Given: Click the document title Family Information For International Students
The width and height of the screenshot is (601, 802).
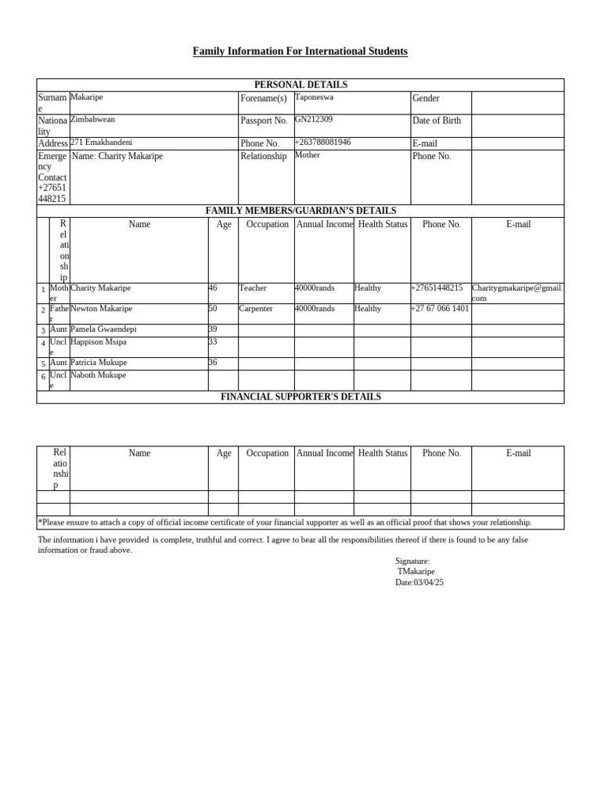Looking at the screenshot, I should point(300,52).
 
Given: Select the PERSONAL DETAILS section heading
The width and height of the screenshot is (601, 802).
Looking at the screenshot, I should point(300,85).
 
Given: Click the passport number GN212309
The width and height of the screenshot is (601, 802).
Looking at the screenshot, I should point(313,119).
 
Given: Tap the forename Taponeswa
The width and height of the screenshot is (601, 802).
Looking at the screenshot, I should point(314,97).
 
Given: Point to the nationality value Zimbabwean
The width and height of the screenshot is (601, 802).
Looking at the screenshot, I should point(93,119).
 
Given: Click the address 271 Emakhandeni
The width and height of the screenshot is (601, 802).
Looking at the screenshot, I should point(101,143).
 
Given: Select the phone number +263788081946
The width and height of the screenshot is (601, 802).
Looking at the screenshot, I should point(322,143).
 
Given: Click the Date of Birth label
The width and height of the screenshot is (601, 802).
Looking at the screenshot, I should point(437,121).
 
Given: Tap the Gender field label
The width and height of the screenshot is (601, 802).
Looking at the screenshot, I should point(426,99).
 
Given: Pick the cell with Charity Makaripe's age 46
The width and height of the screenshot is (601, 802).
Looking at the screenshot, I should point(213,288).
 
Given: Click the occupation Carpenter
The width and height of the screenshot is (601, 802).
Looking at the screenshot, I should point(256,309).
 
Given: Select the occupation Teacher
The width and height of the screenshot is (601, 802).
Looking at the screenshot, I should point(253,288).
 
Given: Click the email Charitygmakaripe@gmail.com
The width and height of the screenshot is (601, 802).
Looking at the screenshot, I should point(516,293).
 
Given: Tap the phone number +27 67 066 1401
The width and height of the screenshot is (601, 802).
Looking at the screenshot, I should point(440,309).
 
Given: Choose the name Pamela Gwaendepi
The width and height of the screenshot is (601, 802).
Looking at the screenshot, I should point(103,330).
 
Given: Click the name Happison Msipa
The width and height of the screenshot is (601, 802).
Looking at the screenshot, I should point(99,342).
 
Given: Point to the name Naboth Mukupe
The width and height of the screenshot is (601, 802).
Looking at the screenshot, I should point(98,375).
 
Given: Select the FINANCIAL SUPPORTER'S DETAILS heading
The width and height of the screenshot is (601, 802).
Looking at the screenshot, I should point(300,397).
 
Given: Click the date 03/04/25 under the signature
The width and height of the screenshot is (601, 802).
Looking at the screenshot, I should point(429,583).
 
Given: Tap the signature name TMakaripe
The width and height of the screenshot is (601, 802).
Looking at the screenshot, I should point(416,572).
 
